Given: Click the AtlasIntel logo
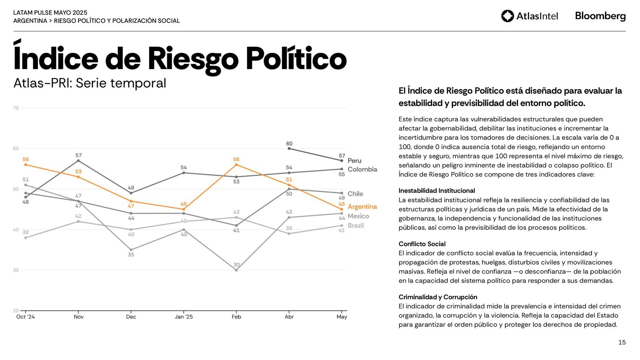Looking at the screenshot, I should (529, 16).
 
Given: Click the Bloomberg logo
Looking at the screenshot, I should (600, 16).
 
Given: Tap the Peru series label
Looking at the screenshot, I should (354, 160).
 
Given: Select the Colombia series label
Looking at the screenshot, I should (362, 169).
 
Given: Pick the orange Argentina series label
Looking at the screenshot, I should (362, 207).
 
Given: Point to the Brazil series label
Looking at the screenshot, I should (356, 226).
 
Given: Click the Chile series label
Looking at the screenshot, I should (355, 194).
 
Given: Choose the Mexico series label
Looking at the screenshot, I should (358, 216).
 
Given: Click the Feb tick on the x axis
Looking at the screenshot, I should (236, 317).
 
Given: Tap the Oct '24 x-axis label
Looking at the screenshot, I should (26, 317).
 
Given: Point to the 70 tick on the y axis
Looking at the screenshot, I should (16, 108).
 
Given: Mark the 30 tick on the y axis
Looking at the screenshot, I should (16, 270).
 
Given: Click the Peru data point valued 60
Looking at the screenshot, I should (289, 149).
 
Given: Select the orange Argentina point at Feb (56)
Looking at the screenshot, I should (236, 165).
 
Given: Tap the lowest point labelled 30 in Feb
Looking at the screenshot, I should (236, 270).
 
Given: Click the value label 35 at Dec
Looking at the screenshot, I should (131, 255).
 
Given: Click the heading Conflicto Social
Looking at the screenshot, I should (422, 244).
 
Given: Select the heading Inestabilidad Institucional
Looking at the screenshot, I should (437, 191).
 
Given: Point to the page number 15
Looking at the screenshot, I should (622, 342).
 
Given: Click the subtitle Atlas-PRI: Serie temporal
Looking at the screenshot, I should (90, 83).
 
